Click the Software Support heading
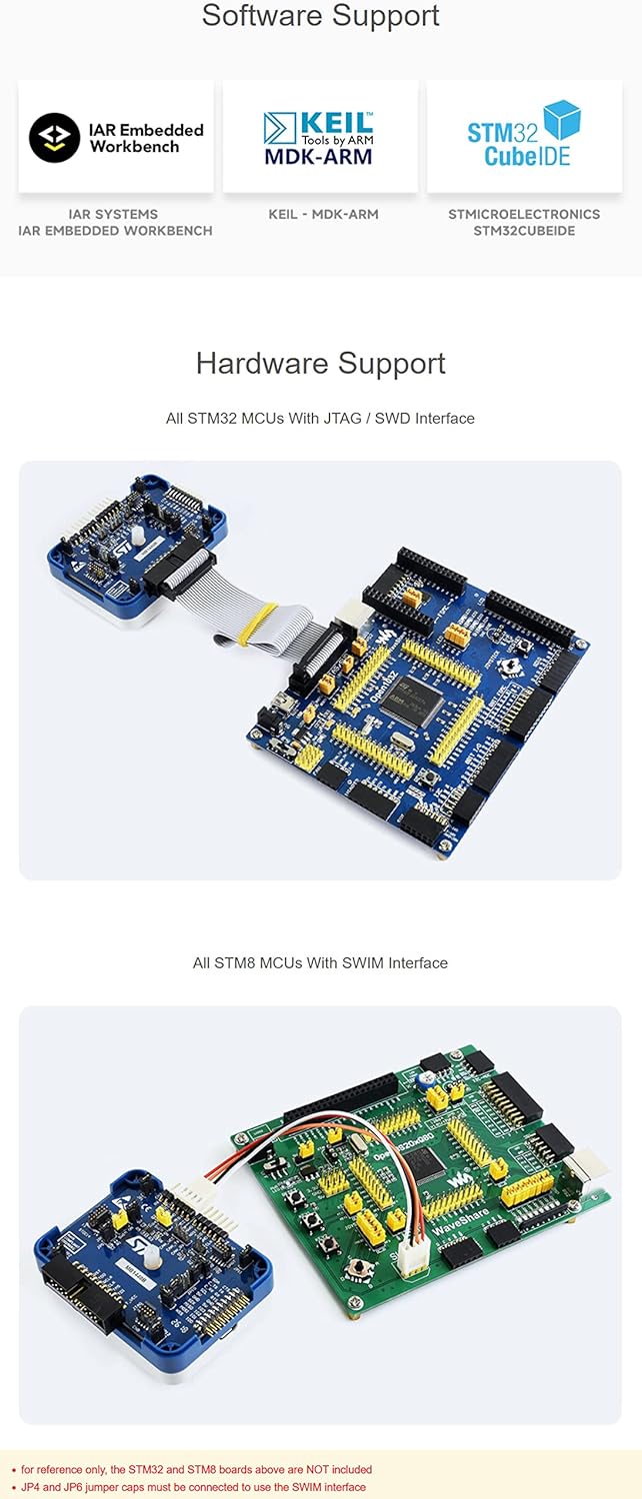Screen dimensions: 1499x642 320,16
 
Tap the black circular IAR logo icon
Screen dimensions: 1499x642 54,138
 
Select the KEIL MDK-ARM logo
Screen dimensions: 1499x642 319,138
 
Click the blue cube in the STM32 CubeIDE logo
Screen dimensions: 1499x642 562,119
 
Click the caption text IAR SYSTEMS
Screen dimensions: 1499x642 113,214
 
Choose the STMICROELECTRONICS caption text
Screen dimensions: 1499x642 524,214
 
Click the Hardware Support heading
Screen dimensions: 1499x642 320,363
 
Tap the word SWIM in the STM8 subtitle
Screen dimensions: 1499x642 358,963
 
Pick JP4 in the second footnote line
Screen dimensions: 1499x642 31,1487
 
